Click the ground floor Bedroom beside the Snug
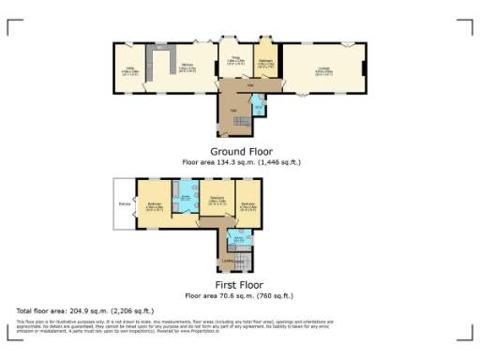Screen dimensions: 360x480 pyautogui.click(x=265, y=64)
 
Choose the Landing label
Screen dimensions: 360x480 pyautogui.click(x=228, y=260)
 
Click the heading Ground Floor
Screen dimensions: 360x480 pyautogui.click(x=241, y=151)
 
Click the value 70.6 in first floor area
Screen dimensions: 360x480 pyautogui.click(x=231, y=295)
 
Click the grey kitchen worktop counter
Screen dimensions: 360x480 pyautogui.click(x=160, y=47)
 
